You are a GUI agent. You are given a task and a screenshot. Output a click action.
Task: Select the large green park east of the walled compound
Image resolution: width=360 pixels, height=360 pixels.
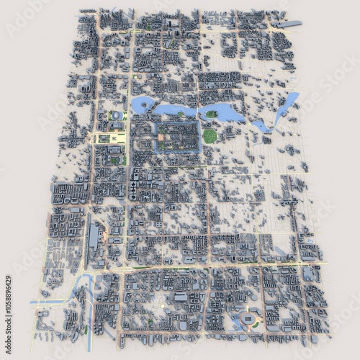(x=210, y=135)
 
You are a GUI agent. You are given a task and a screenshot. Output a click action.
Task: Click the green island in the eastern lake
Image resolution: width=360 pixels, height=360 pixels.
(x=211, y=114)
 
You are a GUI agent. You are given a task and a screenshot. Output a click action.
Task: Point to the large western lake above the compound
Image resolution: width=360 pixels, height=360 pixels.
(x=144, y=106)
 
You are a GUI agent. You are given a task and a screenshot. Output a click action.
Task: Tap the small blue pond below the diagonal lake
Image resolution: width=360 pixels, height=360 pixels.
(x=261, y=127)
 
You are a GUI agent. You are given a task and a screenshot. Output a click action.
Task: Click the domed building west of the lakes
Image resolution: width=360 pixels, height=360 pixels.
(x=116, y=115)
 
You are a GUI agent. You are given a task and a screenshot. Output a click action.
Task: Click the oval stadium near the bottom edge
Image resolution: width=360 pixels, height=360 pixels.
(x=250, y=319)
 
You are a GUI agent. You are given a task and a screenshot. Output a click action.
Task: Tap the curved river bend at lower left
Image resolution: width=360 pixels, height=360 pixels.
(x=85, y=282)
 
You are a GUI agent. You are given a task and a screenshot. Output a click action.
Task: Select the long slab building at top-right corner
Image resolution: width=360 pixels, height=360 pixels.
(x=287, y=24)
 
